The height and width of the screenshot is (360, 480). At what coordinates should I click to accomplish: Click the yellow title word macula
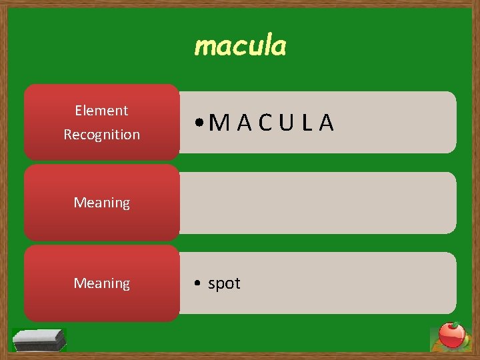pyautogui.click(x=240, y=47)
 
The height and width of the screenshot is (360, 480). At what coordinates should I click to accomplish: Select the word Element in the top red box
pyautogui.click(x=101, y=111)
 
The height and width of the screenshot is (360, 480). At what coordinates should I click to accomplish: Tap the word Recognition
pyautogui.click(x=101, y=135)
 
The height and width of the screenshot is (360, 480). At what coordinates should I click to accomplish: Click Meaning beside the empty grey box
pyautogui.click(x=101, y=203)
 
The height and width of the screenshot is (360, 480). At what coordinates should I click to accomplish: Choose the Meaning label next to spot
pyautogui.click(x=101, y=283)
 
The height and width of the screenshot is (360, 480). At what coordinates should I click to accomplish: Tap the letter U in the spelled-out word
pyautogui.click(x=287, y=123)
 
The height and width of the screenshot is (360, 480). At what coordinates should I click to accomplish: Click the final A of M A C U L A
pyautogui.click(x=327, y=123)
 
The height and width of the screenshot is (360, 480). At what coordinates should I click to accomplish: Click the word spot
pyautogui.click(x=224, y=284)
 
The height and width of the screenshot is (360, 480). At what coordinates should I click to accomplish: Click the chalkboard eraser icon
pyautogui.click(x=39, y=340)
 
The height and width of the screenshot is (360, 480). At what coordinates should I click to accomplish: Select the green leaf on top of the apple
pyautogui.click(x=456, y=325)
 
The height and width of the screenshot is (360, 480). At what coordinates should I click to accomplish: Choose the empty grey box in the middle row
pyautogui.click(x=318, y=203)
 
